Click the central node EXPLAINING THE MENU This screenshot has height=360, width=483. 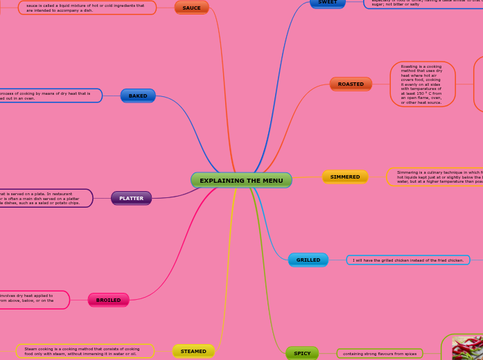click(x=241, y=181)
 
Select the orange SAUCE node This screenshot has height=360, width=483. click(x=191, y=8)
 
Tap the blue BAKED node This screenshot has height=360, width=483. click(x=138, y=96)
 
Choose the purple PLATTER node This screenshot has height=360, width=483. click(x=131, y=198)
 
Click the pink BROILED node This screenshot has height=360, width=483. click(x=108, y=300)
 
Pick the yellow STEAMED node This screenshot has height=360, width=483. click(x=193, y=351)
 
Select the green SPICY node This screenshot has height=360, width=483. click(x=302, y=353)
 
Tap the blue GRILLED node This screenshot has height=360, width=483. click(x=308, y=260)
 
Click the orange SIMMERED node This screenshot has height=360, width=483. click(x=345, y=177)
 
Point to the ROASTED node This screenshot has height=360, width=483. click(x=351, y=84)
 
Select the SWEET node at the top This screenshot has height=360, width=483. click(x=328, y=3)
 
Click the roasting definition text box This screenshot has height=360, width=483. click(x=422, y=84)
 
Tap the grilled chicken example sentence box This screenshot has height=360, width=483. click(x=407, y=260)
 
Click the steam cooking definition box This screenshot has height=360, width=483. click(x=85, y=351)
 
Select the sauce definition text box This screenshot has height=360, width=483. click(x=87, y=8)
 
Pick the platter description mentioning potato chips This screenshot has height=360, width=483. click(x=45, y=198)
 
